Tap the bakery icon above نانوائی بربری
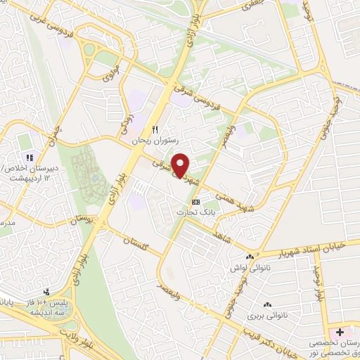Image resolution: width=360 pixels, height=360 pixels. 266,304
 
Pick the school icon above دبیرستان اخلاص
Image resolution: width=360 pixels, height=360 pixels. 30,157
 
